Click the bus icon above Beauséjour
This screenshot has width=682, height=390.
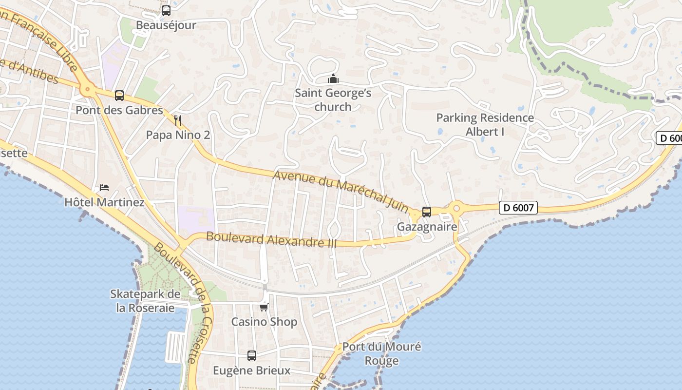[166, 10]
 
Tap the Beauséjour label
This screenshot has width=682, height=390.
[166, 25]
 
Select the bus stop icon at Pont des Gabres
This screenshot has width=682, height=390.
[119, 96]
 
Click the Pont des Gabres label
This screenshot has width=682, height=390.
[119, 110]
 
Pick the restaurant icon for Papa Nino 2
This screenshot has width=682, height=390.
[178, 120]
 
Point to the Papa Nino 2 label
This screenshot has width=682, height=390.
[178, 135]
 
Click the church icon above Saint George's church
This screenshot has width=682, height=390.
[333, 78]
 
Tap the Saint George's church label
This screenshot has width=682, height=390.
[333, 99]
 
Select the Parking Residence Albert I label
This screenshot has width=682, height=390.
[485, 124]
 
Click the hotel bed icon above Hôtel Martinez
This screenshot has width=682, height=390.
[104, 187]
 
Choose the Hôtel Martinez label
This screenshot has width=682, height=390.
[104, 202]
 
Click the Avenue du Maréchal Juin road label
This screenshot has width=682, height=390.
[341, 191]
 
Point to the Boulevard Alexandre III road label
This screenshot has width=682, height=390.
[271, 239]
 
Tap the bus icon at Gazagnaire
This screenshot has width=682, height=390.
[427, 212]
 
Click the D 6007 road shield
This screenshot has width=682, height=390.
[518, 208]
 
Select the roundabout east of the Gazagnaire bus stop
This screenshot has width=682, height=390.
[456, 208]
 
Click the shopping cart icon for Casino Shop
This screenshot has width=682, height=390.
[264, 307]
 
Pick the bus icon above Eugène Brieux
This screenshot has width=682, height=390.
[251, 356]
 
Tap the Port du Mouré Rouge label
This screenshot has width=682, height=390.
[382, 353]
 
